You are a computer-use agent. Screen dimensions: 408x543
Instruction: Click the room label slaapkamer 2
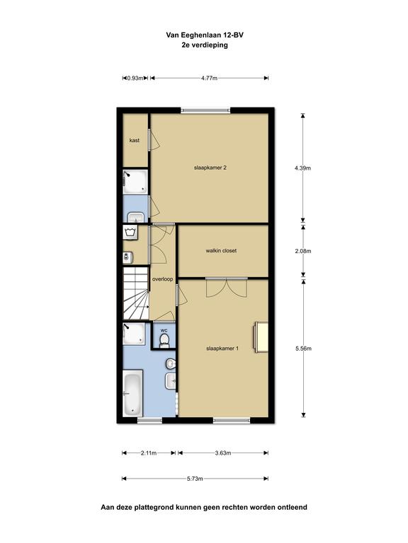pos(210,168)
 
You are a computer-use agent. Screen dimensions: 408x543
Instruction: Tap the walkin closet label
pos(221,250)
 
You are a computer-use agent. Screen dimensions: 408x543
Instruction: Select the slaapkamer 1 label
pos(222,349)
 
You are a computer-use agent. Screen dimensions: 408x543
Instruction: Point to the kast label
pos(135,140)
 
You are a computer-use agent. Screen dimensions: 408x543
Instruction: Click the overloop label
pos(162,279)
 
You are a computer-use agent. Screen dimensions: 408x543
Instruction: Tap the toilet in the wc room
pos(164,340)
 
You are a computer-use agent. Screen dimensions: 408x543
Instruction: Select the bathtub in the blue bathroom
pos(133,393)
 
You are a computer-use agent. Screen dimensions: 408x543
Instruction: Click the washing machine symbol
pos(130,232)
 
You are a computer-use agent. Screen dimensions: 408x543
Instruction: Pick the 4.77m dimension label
pos(209,78)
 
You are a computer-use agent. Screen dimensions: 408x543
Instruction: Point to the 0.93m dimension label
pos(135,78)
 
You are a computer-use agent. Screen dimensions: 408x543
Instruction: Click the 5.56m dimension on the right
pos(303,349)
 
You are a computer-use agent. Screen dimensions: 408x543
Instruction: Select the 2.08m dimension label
pos(303,251)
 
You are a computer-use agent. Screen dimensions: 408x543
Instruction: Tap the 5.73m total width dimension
pos(195,479)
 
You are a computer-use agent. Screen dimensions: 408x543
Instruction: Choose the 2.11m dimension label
pos(149,452)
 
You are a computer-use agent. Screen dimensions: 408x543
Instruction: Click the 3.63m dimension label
pos(222,452)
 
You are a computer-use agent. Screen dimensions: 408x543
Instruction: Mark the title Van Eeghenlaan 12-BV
pos(205,35)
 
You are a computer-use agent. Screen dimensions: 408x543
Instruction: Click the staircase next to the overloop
pos(136,293)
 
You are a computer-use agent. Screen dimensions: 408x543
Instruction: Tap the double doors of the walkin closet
pos(227,288)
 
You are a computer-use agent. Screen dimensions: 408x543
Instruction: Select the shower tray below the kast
pos(135,182)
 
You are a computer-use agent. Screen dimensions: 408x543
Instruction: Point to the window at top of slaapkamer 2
pos(205,110)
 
